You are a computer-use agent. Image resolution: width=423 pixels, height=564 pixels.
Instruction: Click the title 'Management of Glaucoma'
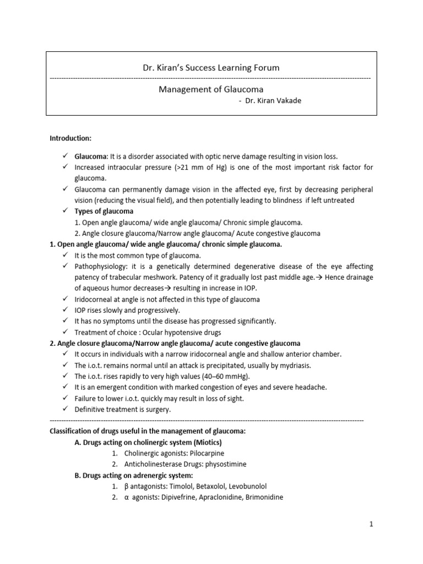point(210,89)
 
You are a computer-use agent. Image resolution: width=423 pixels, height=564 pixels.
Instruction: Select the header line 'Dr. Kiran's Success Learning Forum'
point(210,68)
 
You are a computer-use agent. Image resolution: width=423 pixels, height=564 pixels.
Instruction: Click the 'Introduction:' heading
point(71,138)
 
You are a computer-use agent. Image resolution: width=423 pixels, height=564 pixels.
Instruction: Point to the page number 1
point(372,524)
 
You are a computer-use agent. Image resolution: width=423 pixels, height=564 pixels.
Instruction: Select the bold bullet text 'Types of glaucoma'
point(104,211)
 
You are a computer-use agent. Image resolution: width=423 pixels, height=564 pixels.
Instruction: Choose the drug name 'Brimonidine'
point(261,497)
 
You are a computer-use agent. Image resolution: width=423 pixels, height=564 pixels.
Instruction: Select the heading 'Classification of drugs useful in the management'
point(148,431)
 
